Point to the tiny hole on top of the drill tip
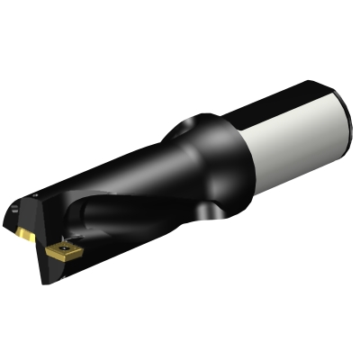coord(35,193)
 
